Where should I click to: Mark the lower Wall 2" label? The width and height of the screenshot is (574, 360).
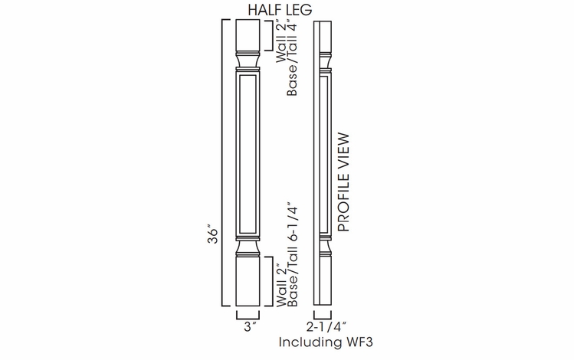coord(280,284)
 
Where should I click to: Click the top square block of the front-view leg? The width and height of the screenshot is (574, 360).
coord(248,35)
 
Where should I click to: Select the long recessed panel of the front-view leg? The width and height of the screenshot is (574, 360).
coord(248,153)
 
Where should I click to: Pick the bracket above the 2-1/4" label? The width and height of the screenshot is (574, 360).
coord(323,315)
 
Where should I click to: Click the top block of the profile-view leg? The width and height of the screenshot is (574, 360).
coord(322,35)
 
